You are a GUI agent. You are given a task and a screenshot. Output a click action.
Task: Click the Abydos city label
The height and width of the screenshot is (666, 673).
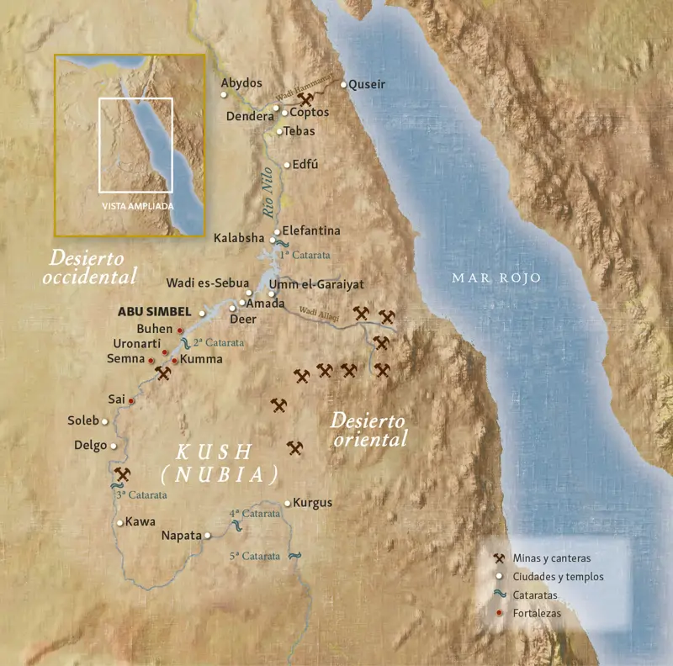coord(241,82)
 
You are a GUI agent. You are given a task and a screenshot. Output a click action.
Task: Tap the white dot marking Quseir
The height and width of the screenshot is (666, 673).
coord(343,84)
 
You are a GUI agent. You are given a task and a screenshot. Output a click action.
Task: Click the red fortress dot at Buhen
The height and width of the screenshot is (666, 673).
coord(180,330)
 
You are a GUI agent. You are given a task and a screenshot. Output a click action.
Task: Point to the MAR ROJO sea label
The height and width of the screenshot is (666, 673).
coord(496,277)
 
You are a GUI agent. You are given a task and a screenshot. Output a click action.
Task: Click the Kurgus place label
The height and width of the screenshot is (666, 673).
coord(313,503)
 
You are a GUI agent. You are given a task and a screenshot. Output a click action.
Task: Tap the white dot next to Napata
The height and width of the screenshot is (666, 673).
coord(208,535)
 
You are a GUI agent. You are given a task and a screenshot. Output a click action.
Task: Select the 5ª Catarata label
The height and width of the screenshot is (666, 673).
coord(254,556)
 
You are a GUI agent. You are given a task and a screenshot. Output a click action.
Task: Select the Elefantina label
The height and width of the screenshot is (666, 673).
coord(311,230)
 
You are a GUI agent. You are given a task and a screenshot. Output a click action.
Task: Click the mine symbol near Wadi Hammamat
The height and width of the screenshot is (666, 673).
coord(305,100)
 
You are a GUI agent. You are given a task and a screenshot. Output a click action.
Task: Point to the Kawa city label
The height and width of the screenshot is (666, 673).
coord(140,521)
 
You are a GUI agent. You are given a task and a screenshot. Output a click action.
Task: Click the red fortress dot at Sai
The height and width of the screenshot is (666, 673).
coord(131,401)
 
